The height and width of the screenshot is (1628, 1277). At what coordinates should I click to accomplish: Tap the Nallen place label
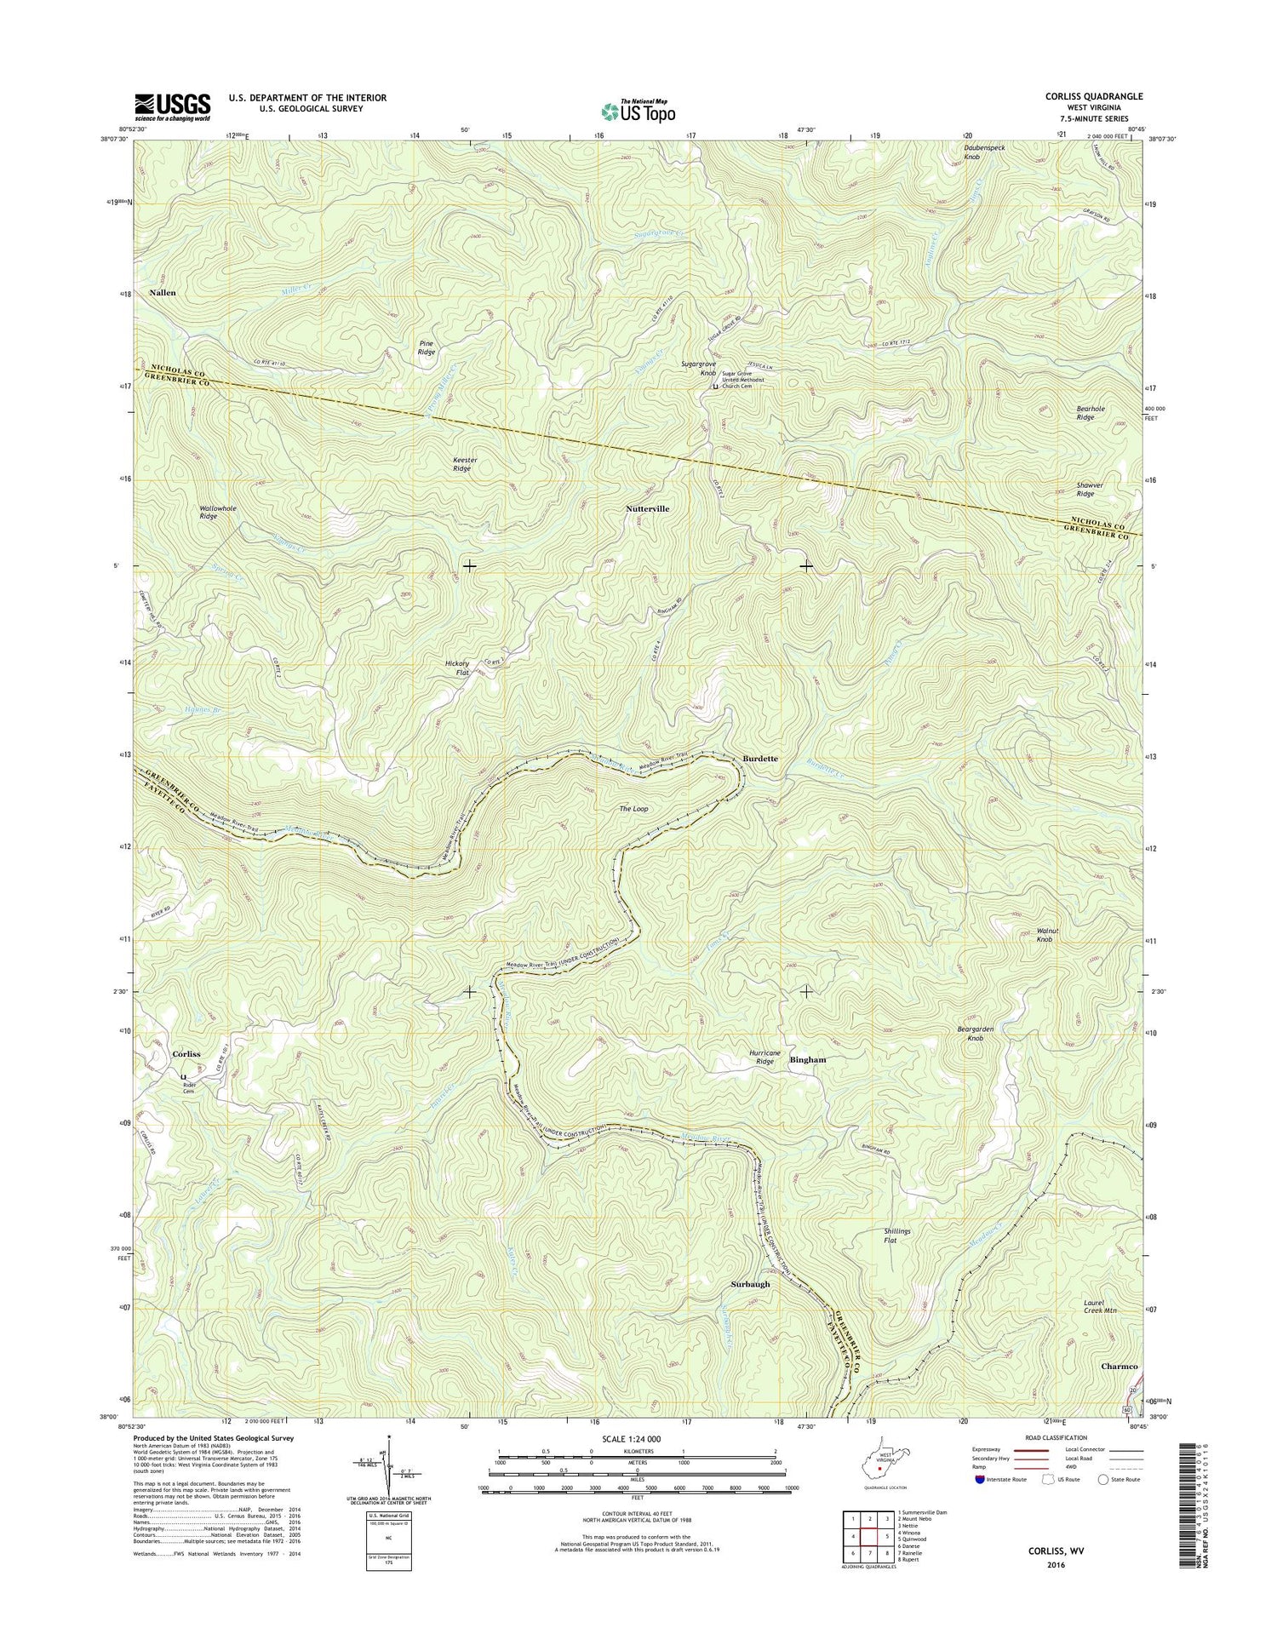coord(163,292)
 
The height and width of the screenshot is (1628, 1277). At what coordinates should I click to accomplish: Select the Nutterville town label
coord(647,508)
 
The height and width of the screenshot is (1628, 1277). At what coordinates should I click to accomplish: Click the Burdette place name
coord(759,758)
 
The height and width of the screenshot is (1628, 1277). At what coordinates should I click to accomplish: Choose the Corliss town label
coord(186,1054)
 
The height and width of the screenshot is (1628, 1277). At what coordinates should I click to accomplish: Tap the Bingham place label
coord(808,1060)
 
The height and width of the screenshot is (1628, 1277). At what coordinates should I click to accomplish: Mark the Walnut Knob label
coord(1045,935)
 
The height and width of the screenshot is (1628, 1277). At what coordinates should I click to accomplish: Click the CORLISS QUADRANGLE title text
coord(1094,97)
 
